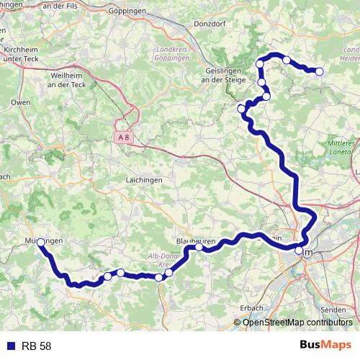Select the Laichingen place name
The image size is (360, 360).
[x=143, y=179]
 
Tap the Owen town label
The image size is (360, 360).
[x=21, y=103]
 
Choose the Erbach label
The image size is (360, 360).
[x=251, y=307]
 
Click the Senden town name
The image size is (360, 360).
[x=333, y=309]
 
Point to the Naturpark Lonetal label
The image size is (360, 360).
[x=341, y=148]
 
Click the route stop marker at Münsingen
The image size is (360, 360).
[x=41, y=243]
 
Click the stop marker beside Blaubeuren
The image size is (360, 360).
[x=199, y=247]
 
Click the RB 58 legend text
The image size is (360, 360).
[x=35, y=346]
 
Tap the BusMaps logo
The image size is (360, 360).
[x=325, y=346]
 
